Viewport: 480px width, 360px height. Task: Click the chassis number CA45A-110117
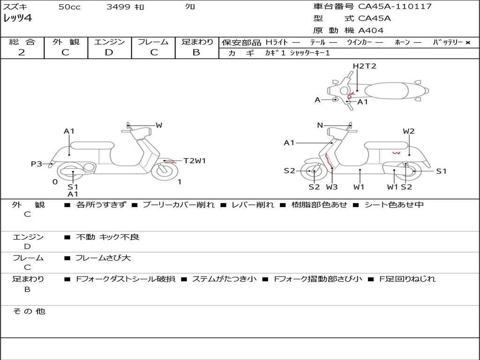(x=395, y=7)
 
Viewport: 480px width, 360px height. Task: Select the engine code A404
(x=371, y=30)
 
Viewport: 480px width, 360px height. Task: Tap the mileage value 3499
(x=119, y=7)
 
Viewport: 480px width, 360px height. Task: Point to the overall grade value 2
(x=22, y=52)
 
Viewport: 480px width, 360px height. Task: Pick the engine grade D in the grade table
(x=109, y=52)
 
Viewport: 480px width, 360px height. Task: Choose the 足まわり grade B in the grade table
(x=196, y=52)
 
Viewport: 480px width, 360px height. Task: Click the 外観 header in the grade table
(x=66, y=42)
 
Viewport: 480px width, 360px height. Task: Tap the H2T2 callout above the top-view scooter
(x=364, y=66)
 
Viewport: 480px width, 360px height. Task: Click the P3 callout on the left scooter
(x=37, y=164)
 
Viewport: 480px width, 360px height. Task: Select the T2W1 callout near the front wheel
(x=195, y=161)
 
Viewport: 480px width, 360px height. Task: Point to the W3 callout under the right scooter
(x=332, y=187)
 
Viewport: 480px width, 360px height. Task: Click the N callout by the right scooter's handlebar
(x=320, y=125)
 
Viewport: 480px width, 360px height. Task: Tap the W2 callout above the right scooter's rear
(x=409, y=131)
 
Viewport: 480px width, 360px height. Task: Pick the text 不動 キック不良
(x=107, y=237)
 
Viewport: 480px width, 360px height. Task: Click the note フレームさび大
(x=103, y=258)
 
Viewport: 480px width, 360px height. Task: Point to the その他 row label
(x=29, y=311)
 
